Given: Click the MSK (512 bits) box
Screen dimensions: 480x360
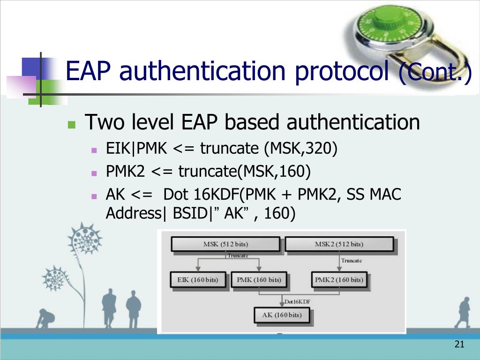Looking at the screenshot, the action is (x=225, y=244).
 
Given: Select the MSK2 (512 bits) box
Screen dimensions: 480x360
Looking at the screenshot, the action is (x=339, y=244).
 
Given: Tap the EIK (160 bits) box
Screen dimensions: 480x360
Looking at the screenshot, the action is (x=198, y=279).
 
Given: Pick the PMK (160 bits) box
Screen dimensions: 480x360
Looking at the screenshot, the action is (x=259, y=279).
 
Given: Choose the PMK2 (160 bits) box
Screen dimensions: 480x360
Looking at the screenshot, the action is (x=339, y=279).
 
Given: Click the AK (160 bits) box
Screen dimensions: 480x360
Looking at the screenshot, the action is (x=282, y=315).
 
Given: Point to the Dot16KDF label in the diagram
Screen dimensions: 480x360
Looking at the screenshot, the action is (x=298, y=301).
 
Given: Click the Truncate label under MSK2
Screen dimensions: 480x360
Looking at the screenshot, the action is (x=352, y=261).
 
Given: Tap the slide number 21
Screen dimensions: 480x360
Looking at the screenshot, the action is (x=459, y=344).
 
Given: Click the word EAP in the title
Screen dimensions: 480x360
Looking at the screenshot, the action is (x=88, y=71).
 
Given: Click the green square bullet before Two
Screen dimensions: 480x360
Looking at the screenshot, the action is (x=72, y=125).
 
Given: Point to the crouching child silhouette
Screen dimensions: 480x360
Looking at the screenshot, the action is (x=45, y=319).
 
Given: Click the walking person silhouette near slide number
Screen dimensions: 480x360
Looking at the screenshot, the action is (x=463, y=313).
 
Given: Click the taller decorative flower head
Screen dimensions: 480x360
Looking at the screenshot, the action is (x=85, y=239).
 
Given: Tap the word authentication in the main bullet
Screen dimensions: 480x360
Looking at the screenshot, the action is (x=353, y=122).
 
